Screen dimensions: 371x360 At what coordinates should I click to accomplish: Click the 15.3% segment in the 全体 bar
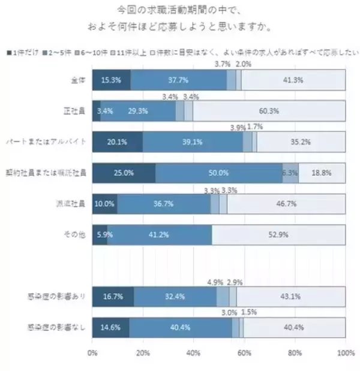tap(111, 80)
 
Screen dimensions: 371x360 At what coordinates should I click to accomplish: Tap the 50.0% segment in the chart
tap(218, 173)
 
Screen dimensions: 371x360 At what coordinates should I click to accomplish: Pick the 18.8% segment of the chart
tap(322, 173)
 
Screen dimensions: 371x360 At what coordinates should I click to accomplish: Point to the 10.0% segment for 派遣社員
tap(104, 204)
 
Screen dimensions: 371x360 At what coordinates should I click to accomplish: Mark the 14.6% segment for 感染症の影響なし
tap(110, 327)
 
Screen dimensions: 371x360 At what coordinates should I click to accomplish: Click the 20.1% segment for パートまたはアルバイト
tap(117, 142)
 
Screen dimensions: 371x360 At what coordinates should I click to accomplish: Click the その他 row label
tap(77, 234)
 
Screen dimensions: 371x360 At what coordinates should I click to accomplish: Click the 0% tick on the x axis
tap(92, 353)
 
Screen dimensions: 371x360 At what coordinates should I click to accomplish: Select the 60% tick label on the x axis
tap(244, 353)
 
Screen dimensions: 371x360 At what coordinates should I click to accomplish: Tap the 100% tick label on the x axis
tap(345, 353)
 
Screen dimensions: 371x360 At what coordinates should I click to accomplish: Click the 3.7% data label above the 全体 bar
tap(223, 64)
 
